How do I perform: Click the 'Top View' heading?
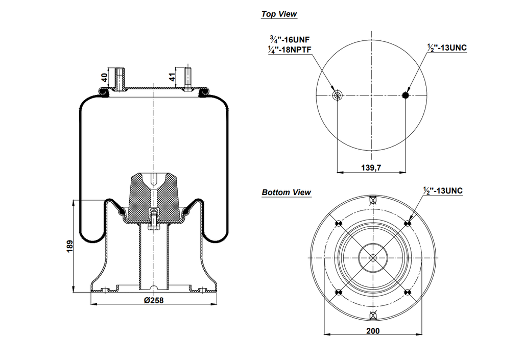pos(279,14)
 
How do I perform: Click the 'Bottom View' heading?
pos(286,193)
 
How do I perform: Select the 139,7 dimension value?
pos(371,167)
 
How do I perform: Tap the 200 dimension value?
pos(373,331)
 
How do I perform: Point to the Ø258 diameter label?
pos(153,300)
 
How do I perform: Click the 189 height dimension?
pos(70,246)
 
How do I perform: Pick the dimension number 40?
pos(104,78)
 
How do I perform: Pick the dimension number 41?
pos(172,77)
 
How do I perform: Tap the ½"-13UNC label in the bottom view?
pos(442,190)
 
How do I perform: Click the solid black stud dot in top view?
pos(406,95)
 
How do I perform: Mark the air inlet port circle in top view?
pos(337,95)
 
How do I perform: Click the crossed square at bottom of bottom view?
pos(372,314)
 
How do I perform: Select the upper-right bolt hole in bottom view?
pos(408,223)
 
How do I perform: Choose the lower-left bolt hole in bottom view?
pos(337,293)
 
